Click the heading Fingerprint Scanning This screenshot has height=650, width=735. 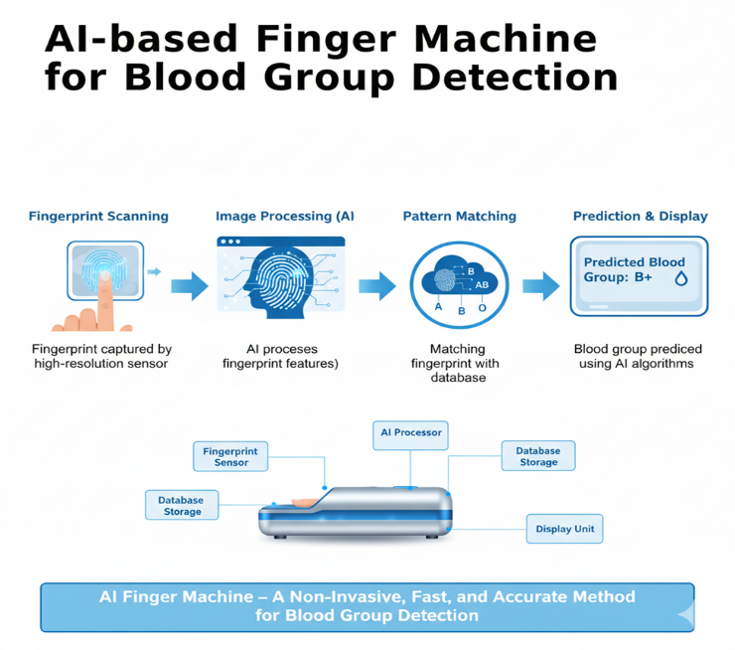[98, 216]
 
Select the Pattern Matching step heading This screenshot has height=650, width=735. [459, 216]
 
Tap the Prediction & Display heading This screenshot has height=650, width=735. [640, 216]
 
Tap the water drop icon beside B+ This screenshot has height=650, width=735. [681, 279]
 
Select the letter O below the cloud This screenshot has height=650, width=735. [483, 309]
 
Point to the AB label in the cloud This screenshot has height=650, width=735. [483, 284]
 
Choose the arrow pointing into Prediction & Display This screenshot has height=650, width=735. [540, 286]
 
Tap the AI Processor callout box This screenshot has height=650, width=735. [410, 434]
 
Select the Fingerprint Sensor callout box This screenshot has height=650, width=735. [230, 456]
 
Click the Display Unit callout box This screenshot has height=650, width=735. [564, 529]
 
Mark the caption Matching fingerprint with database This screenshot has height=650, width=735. [458, 363]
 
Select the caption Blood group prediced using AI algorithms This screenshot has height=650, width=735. [638, 356]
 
